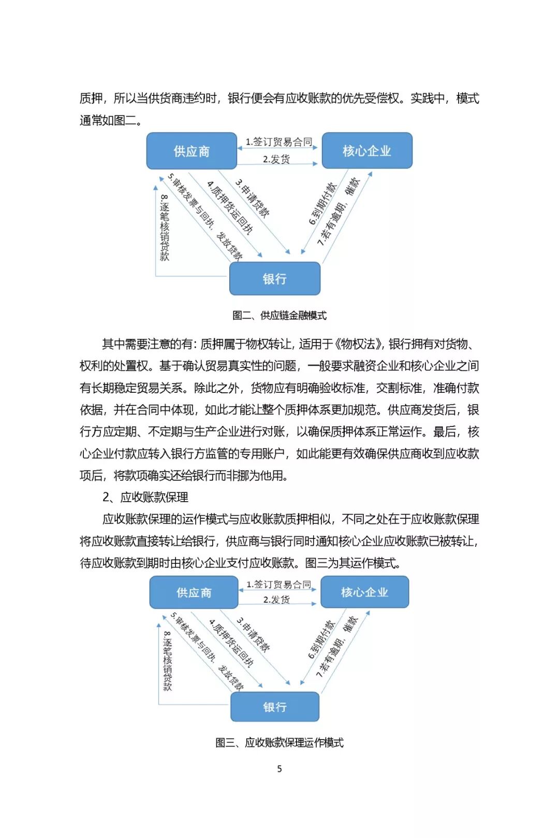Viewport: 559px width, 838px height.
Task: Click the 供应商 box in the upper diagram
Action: coord(192,151)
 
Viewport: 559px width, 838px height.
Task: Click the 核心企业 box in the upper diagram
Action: coord(366,151)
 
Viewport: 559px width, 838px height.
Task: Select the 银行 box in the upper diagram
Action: coord(274,279)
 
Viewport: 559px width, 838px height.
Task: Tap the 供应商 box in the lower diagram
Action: coord(194,592)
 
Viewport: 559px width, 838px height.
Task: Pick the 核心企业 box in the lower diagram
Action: coord(364,592)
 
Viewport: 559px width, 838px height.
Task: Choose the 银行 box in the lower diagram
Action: coord(274,707)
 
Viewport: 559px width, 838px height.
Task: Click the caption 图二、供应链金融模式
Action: coord(279,315)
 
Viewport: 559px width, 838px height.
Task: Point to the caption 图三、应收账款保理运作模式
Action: coord(279,743)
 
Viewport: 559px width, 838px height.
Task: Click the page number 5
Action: coord(279,769)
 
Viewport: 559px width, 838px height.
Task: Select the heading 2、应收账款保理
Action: coord(145,498)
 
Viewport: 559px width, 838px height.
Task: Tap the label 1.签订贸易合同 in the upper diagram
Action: coord(279,141)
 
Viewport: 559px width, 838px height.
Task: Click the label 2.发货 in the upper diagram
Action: coord(276,159)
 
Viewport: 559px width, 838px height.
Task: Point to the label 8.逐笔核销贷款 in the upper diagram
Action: coord(165,227)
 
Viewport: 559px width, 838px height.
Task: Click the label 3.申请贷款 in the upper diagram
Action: coord(252,197)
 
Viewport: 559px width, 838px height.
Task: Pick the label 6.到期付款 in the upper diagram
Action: coord(322,203)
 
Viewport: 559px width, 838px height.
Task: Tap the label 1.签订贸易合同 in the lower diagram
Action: coord(279,584)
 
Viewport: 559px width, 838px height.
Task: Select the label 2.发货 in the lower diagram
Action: coord(276,600)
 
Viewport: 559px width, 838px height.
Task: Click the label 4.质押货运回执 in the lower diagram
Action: coord(231,643)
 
